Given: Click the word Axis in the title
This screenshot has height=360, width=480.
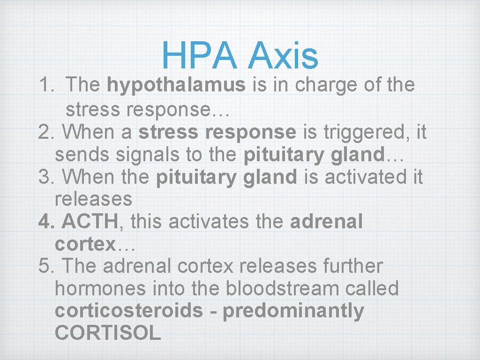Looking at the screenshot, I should tap(284, 55).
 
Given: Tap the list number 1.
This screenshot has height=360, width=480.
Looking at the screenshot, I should tap(46, 85).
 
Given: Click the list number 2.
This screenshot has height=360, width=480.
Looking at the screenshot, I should tap(47, 132).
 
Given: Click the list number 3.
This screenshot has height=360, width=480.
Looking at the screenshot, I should tap(47, 177).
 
